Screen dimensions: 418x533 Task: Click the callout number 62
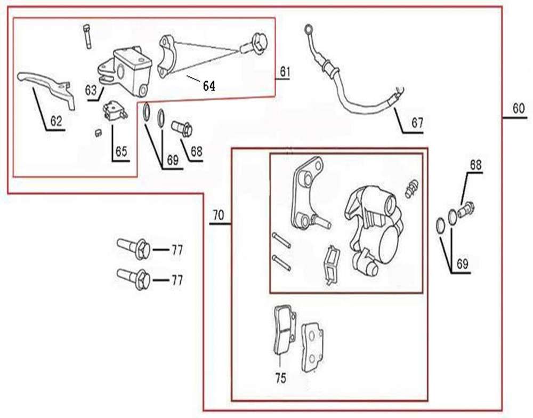tap(56, 122)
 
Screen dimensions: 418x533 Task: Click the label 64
tap(209, 86)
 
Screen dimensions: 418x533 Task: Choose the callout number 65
tap(122, 151)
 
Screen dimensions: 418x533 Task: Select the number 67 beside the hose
tap(417, 123)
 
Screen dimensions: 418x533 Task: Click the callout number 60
tap(519, 108)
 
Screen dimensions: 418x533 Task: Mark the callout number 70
tap(218, 215)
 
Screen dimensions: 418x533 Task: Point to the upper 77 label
tap(177, 250)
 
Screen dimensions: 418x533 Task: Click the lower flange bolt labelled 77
tap(133, 277)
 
